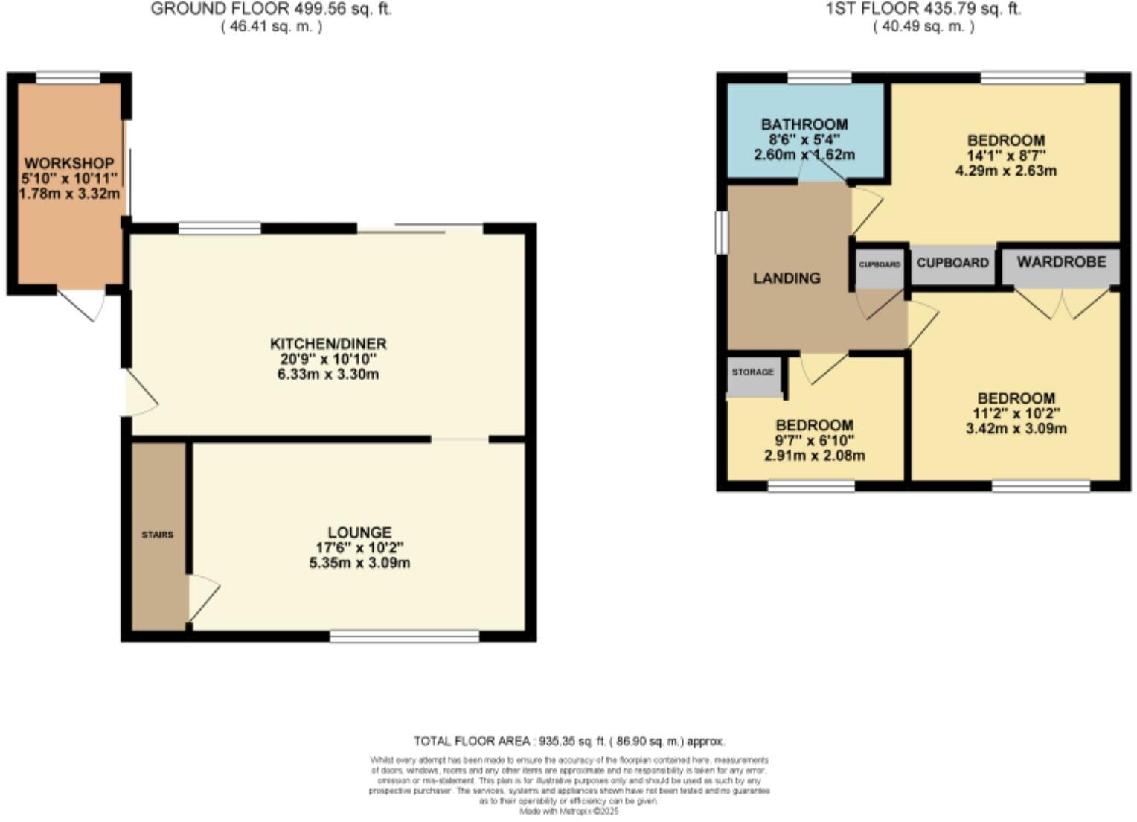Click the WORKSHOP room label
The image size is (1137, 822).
pos(69,163)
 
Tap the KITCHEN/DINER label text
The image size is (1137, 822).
pos(328,344)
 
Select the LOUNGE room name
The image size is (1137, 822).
pos(359,532)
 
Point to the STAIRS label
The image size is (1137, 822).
pos(158,535)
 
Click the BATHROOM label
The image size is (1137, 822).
pos(804,124)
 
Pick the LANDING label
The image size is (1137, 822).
pos(787,278)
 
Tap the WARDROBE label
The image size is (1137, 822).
pos(1061,262)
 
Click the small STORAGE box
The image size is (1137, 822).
pos(753,373)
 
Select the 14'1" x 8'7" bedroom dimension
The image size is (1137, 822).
pos(1006,156)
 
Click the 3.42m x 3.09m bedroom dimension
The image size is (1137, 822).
pos(1016,429)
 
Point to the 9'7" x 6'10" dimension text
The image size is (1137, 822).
pos(815,441)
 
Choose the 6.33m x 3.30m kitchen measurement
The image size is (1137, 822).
pos(328,374)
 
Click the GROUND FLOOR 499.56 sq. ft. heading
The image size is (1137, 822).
pos(271,10)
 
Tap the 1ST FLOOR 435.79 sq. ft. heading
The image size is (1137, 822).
pos(923,10)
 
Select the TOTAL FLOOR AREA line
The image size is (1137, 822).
pos(568,741)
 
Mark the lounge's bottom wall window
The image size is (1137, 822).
pos(404,636)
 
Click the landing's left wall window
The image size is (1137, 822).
pos(720,232)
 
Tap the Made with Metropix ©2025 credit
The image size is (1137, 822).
pos(568,811)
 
